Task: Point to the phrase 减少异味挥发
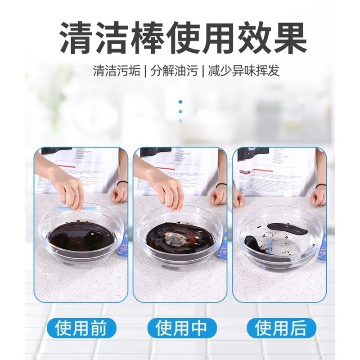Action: pyautogui.click(x=243, y=71)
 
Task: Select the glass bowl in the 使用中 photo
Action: pyautogui.click(x=180, y=238)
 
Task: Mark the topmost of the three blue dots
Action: pyautogui.click(x=180, y=102)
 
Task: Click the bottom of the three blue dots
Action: pyautogui.click(x=180, y=121)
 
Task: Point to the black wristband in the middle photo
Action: pyautogui.click(x=220, y=184)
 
